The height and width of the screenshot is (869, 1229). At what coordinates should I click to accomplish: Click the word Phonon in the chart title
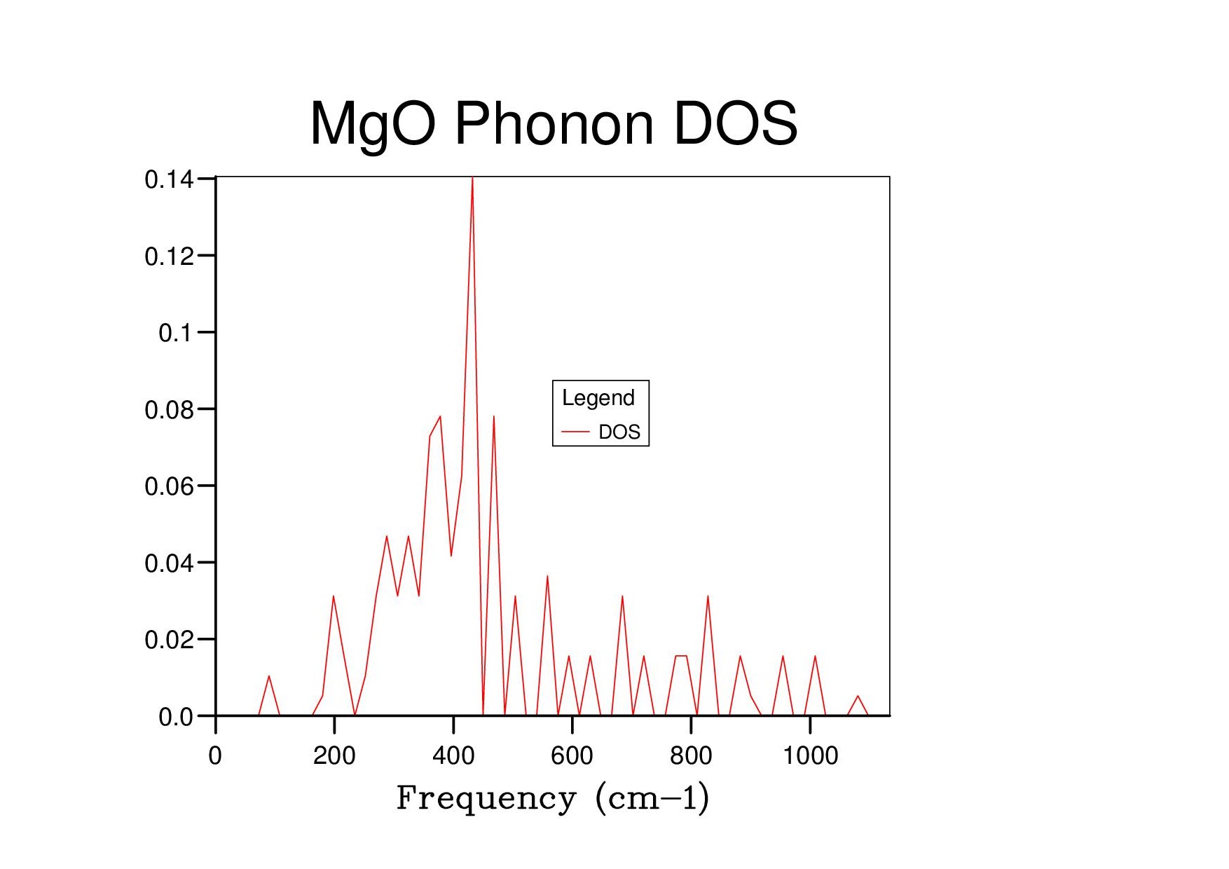point(554,123)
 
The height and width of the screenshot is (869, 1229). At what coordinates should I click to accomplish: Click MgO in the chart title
point(373,125)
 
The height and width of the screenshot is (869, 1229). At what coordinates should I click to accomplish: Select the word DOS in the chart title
point(735,123)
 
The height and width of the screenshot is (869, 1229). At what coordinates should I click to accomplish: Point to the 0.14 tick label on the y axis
point(168,180)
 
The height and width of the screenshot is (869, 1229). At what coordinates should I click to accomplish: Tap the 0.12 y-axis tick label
point(168,256)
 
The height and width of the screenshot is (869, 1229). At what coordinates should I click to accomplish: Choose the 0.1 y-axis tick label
point(174,333)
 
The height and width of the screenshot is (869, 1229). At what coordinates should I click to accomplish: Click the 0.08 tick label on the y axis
point(168,410)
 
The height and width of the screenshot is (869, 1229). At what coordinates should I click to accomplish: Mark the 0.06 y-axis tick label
point(168,486)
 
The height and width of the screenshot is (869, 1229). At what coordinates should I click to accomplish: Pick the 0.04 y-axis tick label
point(168,563)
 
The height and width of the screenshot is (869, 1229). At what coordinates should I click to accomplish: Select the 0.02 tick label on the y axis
point(168,640)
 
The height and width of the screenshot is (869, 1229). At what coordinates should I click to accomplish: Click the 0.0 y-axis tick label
point(175,717)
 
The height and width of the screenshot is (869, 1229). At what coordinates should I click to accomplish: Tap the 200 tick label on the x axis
point(334,755)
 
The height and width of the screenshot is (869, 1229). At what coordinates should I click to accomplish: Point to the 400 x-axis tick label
point(453,755)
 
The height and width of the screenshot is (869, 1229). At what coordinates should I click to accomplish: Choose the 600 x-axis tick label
point(572,755)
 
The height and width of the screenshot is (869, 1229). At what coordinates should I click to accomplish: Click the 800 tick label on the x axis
point(691,755)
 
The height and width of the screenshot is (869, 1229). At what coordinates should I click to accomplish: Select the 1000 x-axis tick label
point(810,755)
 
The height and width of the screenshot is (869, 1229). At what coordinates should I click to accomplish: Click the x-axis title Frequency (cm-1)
point(553,798)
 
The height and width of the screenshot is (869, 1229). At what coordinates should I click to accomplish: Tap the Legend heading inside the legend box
point(598,398)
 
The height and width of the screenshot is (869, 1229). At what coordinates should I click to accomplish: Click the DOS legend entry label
point(619,432)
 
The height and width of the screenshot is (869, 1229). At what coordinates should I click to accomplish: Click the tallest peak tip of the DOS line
point(472,178)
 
